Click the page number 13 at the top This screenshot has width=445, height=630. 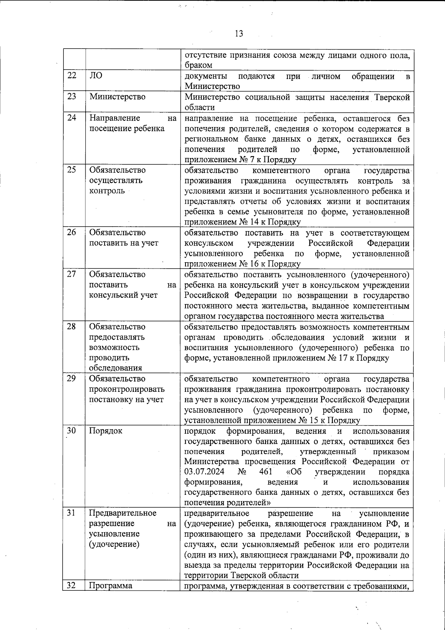click(239, 34)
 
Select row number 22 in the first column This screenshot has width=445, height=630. click(72, 76)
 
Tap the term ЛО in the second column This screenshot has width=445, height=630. click(96, 76)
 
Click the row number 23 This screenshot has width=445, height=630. click(72, 97)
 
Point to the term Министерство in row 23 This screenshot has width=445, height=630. click(117, 97)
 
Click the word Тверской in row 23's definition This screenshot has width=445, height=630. click(392, 97)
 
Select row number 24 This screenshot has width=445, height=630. click(72, 118)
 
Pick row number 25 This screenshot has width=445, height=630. click(72, 170)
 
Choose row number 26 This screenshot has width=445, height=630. click(72, 233)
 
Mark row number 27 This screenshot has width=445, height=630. click(72, 274)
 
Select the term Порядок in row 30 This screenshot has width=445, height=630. click(106, 431)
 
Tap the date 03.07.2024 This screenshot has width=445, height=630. click(203, 472)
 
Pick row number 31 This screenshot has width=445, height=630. click(72, 513)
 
